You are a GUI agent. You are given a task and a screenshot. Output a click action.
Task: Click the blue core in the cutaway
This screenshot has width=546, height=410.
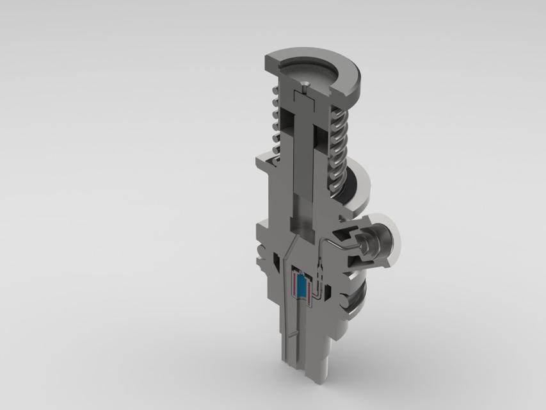tap(300, 285)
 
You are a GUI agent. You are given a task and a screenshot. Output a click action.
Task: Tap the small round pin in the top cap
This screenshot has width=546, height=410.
tap(306, 84)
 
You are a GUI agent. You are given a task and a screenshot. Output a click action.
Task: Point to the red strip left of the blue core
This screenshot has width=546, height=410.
tap(294, 284)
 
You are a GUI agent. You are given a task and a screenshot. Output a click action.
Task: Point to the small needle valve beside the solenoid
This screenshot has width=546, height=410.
tap(319, 269)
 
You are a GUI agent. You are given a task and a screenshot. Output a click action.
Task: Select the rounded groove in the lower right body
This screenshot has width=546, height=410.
tap(353, 301)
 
